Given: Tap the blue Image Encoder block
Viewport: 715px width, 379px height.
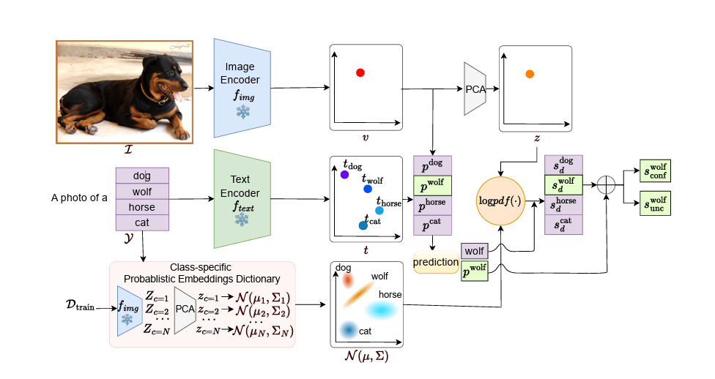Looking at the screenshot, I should pyautogui.click(x=242, y=88).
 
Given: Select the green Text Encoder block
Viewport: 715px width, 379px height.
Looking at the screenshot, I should pyautogui.click(x=242, y=198).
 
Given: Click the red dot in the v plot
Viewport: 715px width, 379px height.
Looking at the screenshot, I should pyautogui.click(x=360, y=72).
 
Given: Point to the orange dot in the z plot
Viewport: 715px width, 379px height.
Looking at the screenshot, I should pyautogui.click(x=529, y=74).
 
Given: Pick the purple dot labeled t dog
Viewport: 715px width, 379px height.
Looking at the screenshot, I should pyautogui.click(x=344, y=175).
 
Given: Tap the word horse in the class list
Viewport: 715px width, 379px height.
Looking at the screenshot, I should pyautogui.click(x=142, y=207).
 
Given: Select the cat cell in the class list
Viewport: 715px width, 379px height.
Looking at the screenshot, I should pyautogui.click(x=142, y=222).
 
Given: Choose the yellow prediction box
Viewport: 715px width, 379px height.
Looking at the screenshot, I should pyautogui.click(x=437, y=262).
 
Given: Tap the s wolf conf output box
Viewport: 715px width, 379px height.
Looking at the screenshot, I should pyautogui.click(x=655, y=170).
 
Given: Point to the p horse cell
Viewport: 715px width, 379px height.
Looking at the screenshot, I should pyautogui.click(x=433, y=205).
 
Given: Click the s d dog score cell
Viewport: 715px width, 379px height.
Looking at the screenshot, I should pyautogui.click(x=563, y=165).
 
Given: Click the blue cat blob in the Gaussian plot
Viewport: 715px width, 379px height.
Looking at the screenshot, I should pyautogui.click(x=349, y=330).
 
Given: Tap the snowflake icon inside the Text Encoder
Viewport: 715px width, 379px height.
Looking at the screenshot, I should pyautogui.click(x=242, y=219).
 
